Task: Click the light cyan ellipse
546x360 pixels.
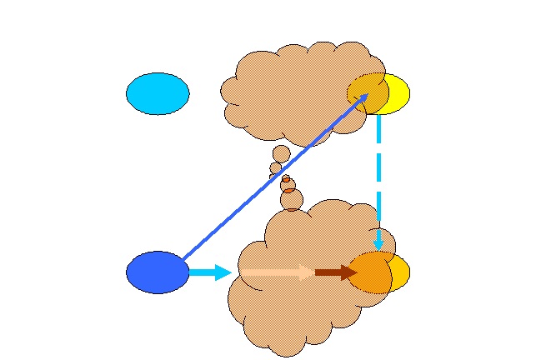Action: click(x=158, y=93)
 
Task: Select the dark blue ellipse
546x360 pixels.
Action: click(x=157, y=272)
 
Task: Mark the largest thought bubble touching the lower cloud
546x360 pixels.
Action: click(x=292, y=200)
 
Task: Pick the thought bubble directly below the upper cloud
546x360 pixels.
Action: click(x=282, y=154)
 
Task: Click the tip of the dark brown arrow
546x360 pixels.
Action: click(x=356, y=272)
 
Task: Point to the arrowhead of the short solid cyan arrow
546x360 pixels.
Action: click(x=223, y=272)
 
